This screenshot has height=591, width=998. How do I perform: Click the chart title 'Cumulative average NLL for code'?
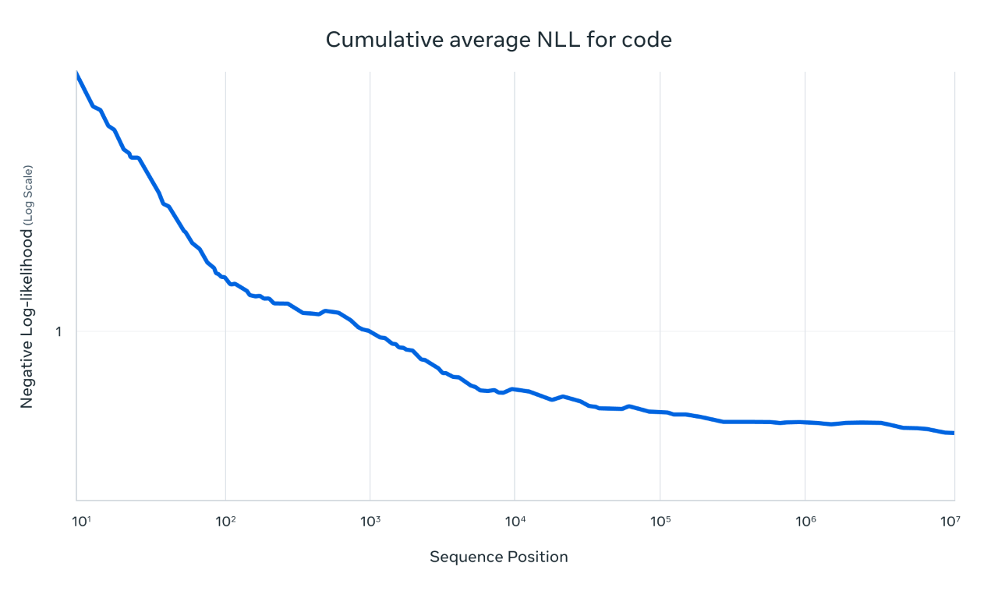pyautogui.click(x=498, y=40)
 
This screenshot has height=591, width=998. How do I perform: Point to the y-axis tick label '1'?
pyautogui.click(x=58, y=331)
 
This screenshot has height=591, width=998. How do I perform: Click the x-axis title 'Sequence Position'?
pyautogui.click(x=498, y=557)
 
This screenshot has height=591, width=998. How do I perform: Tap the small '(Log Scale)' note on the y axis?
pyautogui.click(x=27, y=195)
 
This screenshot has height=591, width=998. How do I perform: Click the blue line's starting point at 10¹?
pyautogui.click(x=77, y=75)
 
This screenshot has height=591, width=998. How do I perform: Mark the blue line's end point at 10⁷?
pyautogui.click(x=953, y=433)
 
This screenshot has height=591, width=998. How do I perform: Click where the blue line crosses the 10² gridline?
pyautogui.click(x=225, y=278)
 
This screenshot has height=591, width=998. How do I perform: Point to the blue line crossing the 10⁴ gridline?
pyautogui.click(x=515, y=388)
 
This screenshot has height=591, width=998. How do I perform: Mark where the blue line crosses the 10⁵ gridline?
pyautogui.click(x=660, y=412)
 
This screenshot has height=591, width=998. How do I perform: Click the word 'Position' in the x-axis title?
pyautogui.click(x=538, y=557)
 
